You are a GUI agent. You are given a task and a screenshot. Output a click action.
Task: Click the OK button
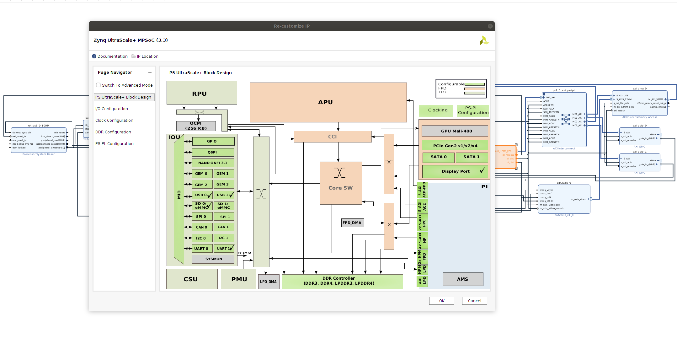441,301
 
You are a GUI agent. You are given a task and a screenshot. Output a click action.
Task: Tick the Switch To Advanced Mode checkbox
98,85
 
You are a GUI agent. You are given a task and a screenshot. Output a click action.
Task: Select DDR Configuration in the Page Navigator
113,132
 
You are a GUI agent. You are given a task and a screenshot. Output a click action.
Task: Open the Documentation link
112,56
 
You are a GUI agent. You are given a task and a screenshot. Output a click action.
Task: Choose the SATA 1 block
471,157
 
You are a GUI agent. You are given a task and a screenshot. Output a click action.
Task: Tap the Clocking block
436,110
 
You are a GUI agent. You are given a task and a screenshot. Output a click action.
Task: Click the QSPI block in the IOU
213,152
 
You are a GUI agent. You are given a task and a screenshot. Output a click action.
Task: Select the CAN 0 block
202,227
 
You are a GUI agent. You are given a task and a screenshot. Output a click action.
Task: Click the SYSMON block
213,259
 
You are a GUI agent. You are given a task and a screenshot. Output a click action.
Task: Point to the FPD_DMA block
352,223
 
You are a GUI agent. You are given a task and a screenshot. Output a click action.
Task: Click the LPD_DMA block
269,282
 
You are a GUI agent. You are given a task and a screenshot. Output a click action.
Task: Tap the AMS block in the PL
463,279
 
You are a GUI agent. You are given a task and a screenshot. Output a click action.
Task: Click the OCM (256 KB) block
196,126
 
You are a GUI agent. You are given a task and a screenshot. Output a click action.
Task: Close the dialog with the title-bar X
490,26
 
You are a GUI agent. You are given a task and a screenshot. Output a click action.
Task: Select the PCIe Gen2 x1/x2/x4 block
455,146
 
